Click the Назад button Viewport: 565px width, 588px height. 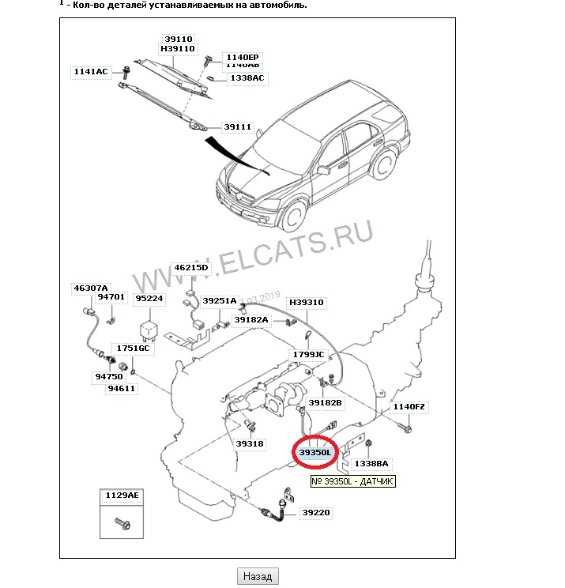(257, 576)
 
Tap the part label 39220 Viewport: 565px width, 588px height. (315, 513)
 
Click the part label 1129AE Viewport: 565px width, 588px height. (122, 496)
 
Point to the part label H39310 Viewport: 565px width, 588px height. (306, 303)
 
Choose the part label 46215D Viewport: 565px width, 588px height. (190, 268)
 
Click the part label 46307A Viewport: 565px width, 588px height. (91, 288)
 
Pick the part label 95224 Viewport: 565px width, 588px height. (149, 299)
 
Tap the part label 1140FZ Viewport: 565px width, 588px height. (410, 407)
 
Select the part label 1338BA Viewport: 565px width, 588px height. (371, 464)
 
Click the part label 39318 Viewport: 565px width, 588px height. (249, 443)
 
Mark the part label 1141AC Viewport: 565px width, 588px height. (90, 72)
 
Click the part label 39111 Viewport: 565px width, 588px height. (237, 126)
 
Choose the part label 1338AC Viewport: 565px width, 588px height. (247, 78)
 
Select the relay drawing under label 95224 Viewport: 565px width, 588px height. (149, 328)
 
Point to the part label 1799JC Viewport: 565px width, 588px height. (308, 355)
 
